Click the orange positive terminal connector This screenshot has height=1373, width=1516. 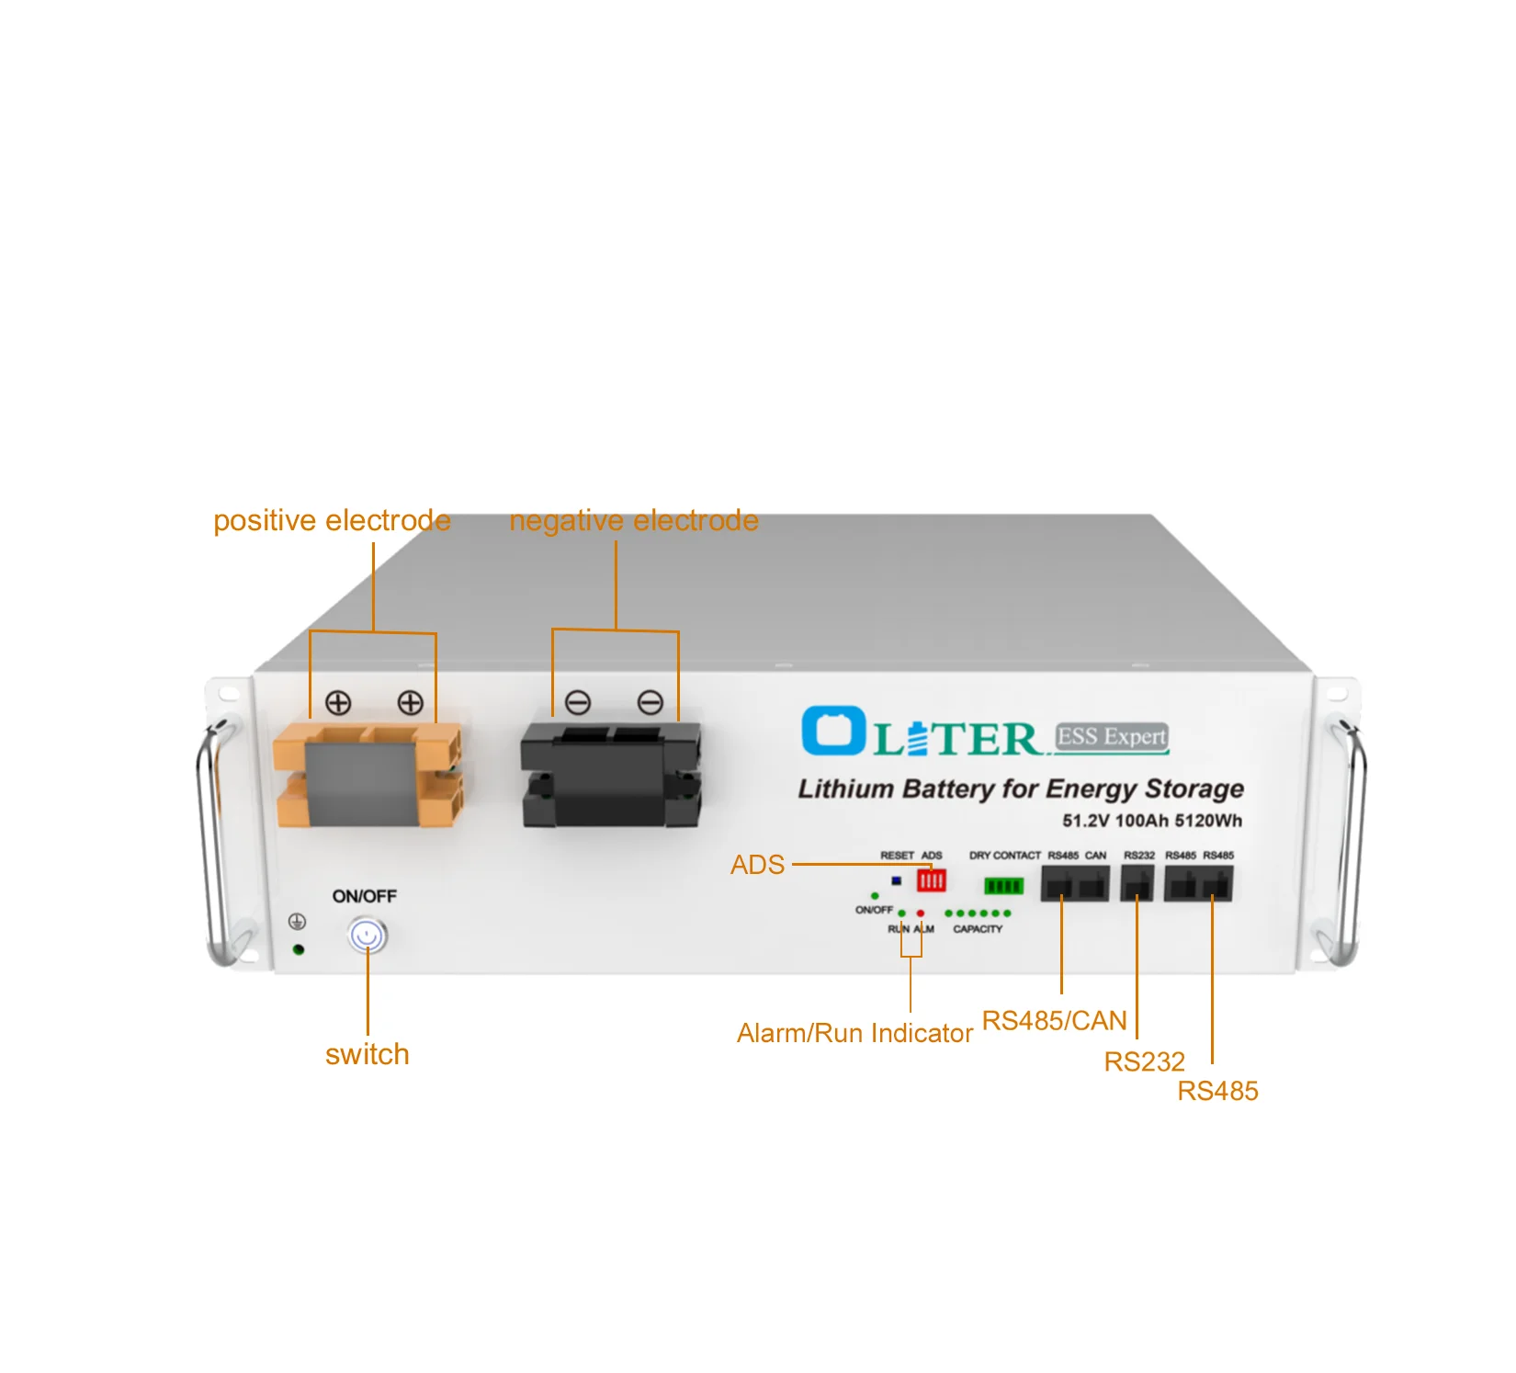[368, 774]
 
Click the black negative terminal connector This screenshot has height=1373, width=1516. [611, 774]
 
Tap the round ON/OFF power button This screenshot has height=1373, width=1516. [368, 936]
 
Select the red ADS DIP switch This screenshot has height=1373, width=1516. [931, 880]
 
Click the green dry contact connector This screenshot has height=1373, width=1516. [1003, 886]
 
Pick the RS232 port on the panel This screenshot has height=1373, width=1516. [1137, 884]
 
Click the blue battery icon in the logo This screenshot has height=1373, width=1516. [832, 731]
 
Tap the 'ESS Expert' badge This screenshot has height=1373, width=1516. [1112, 737]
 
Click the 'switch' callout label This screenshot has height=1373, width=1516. [367, 1054]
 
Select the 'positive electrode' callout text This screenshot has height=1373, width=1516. [332, 521]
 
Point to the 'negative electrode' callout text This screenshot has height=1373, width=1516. [634, 521]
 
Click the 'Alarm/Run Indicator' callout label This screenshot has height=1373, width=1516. [854, 1034]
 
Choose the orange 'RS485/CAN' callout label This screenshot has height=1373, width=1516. [1054, 1021]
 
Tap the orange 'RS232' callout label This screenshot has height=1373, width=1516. [1144, 1062]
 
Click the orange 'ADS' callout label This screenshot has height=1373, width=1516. [757, 865]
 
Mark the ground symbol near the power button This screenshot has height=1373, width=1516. [297, 921]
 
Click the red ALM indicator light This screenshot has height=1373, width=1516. [921, 913]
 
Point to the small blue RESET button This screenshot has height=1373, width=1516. [897, 880]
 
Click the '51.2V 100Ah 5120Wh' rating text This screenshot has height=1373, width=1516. [1151, 821]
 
